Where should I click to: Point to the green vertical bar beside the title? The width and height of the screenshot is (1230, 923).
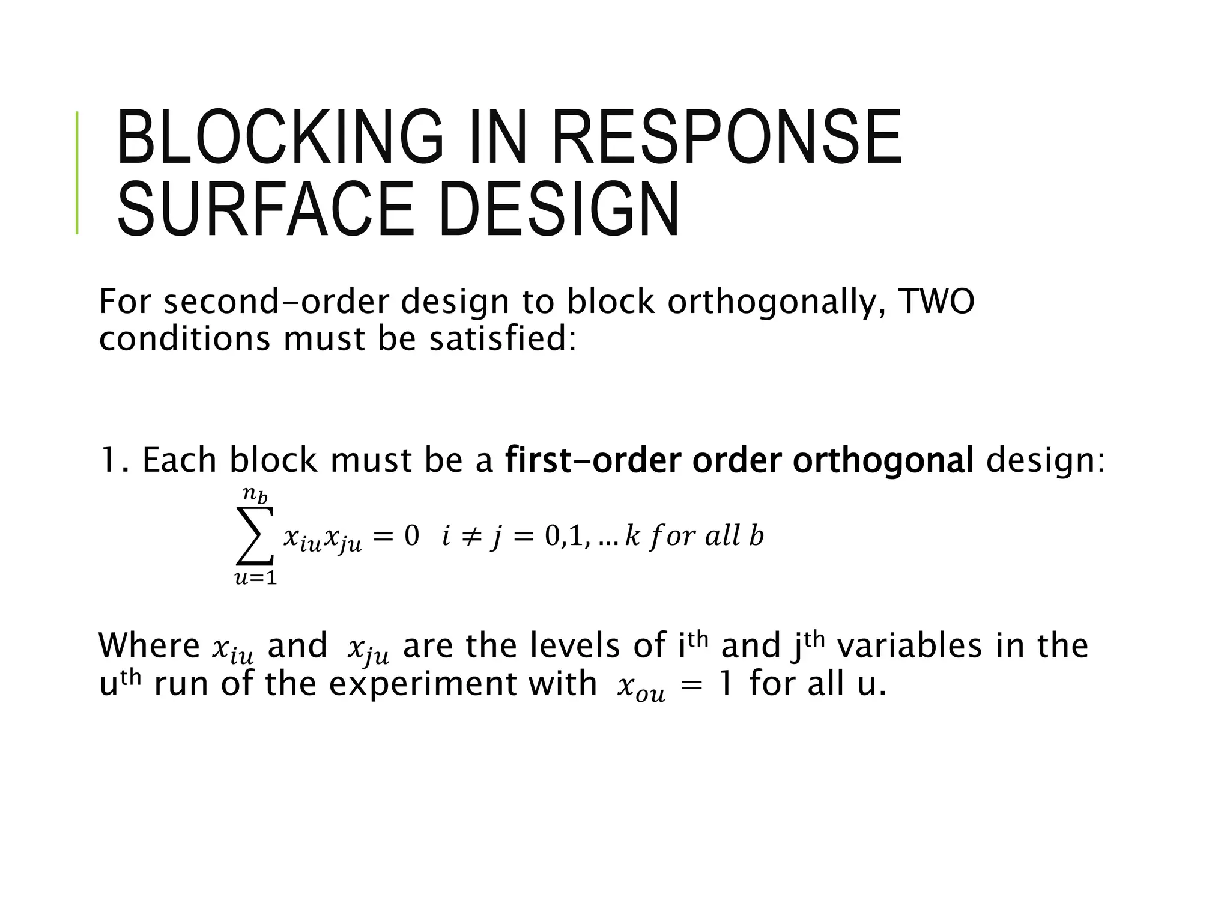tap(77, 172)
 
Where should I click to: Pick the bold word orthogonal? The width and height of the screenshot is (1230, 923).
tap(883, 461)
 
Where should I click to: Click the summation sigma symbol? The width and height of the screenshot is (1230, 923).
tap(256, 535)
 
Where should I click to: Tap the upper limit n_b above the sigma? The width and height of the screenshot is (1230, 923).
tap(255, 495)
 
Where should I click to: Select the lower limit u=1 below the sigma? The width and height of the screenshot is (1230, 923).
tap(256, 578)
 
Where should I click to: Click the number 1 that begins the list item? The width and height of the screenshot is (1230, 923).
tap(110, 460)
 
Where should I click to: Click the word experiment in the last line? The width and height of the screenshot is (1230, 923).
tap(462, 684)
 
